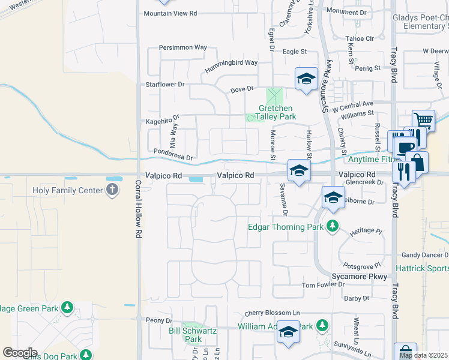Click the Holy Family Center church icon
click(112, 191)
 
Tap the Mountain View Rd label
click(170, 13)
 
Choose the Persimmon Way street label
click(182, 47)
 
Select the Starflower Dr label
click(165, 85)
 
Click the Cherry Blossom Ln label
click(272, 314)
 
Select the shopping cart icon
click(423, 119)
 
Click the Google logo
click(20, 353)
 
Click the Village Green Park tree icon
click(67, 308)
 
